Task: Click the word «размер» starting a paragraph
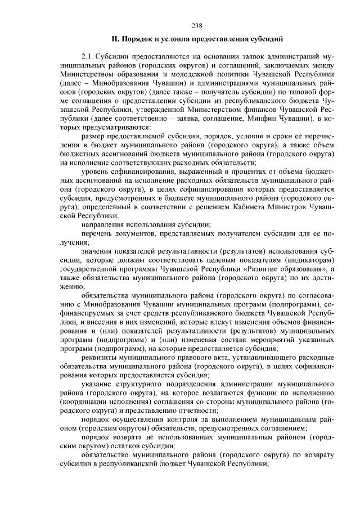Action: point(93,136)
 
